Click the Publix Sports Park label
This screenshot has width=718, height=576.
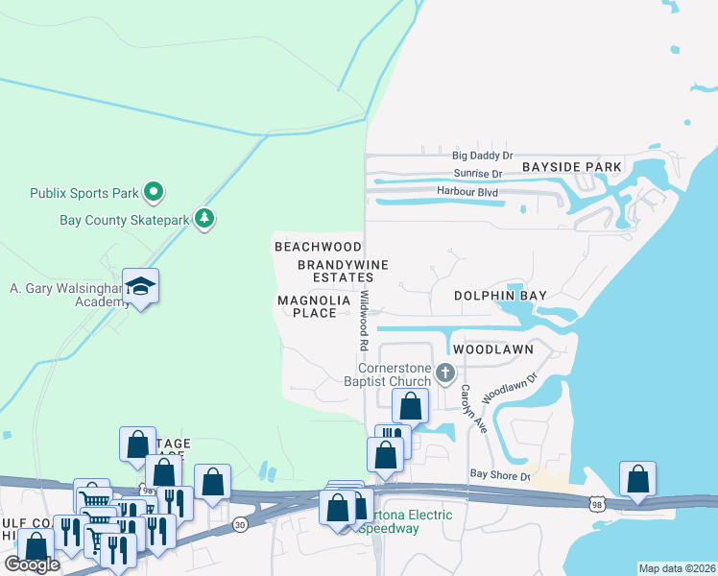(84, 193)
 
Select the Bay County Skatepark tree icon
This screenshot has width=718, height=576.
(203, 220)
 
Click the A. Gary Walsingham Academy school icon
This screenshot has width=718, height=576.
(140, 285)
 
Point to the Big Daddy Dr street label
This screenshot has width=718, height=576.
(483, 155)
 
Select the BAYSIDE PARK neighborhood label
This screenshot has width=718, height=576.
(572, 167)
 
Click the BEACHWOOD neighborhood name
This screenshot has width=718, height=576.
(318, 247)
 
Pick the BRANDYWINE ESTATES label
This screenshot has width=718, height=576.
(335, 271)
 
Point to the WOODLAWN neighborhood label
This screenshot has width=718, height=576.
(492, 349)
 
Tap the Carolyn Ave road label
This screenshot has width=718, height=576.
(467, 405)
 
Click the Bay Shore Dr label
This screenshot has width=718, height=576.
(499, 475)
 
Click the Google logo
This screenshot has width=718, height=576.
(32, 564)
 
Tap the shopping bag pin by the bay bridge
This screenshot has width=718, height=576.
(637, 478)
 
